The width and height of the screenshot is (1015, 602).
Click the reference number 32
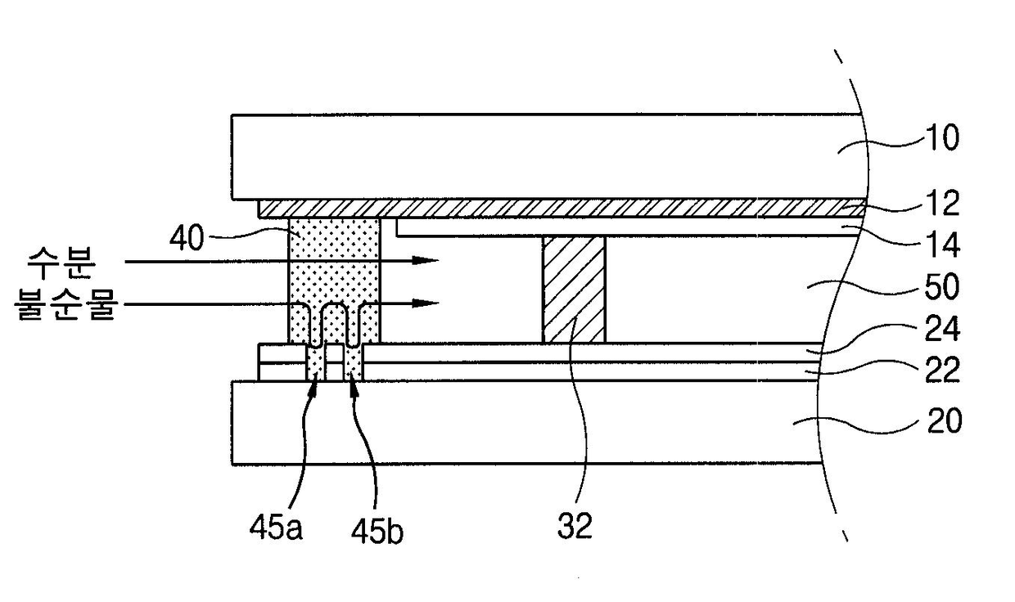coord(575,526)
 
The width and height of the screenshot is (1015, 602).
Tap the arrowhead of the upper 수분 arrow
coord(425,261)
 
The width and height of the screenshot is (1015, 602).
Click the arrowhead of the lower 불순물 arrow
coord(425,303)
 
